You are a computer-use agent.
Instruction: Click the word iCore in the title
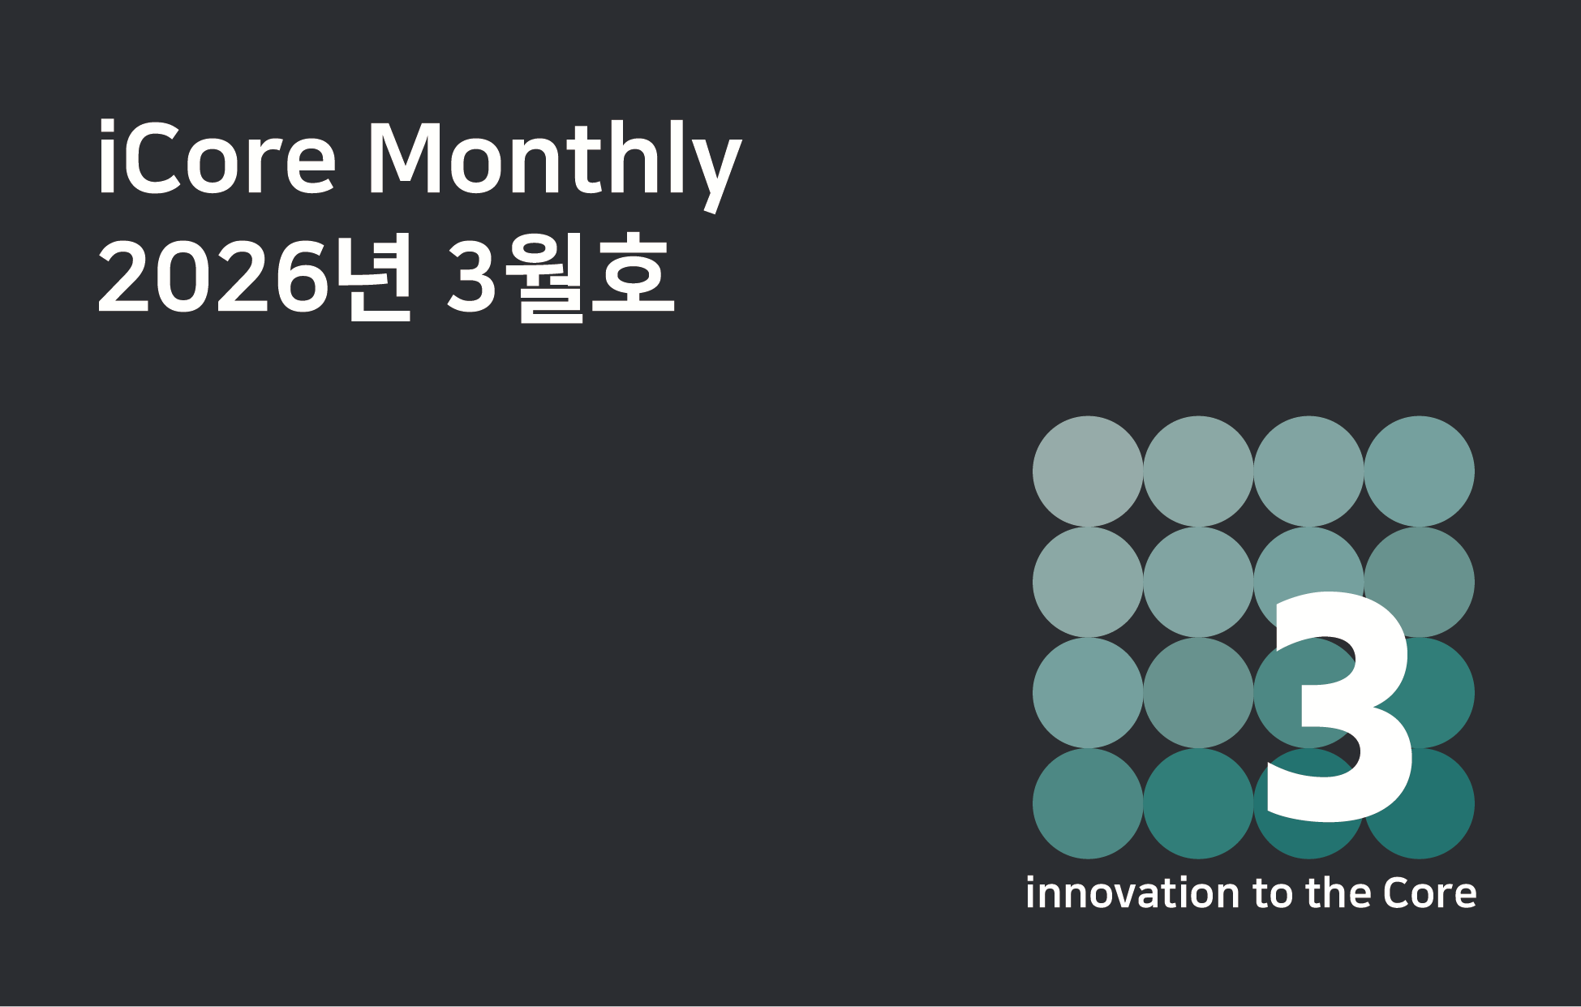[x=217, y=157]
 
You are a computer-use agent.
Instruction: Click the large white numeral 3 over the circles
[x=1339, y=706]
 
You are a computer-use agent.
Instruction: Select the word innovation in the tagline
[x=1132, y=893]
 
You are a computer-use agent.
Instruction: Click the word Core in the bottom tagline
[x=1430, y=893]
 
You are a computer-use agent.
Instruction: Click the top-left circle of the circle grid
[x=1088, y=471]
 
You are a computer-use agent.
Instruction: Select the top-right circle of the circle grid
[x=1419, y=471]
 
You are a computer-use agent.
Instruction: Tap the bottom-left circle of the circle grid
[x=1088, y=803]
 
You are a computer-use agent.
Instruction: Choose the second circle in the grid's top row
[x=1198, y=471]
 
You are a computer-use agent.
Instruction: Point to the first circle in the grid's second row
[x=1088, y=582]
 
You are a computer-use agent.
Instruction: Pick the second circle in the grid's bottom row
[x=1198, y=803]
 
